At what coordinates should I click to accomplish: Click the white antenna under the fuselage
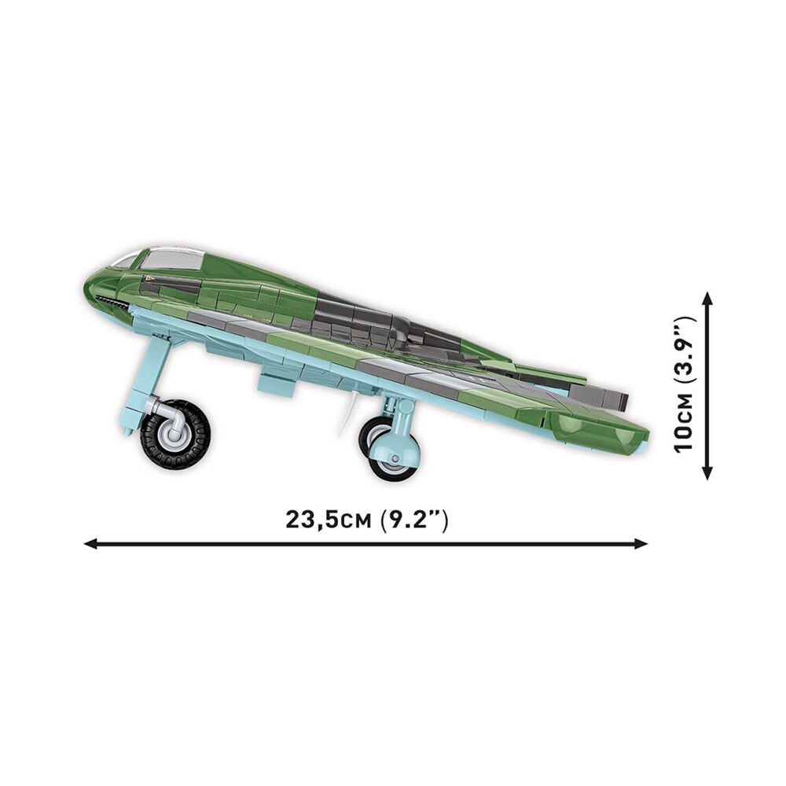[x=351, y=410]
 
